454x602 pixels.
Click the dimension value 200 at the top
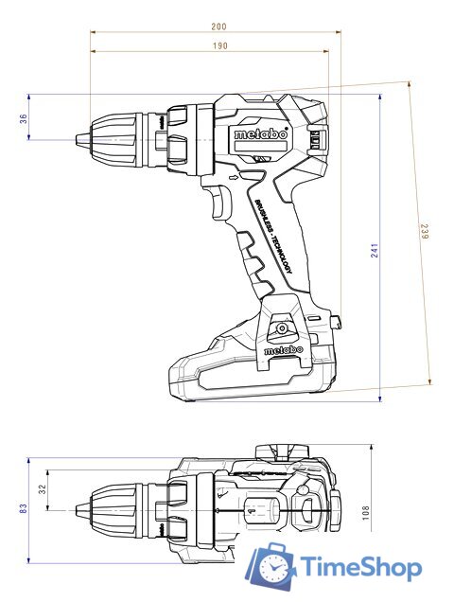point(219,27)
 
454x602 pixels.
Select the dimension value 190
point(219,45)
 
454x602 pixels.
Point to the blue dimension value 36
point(24,117)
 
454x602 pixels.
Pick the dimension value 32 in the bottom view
point(41,490)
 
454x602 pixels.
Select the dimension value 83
point(24,508)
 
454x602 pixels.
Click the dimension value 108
point(364,511)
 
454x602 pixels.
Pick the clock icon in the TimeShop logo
point(273,569)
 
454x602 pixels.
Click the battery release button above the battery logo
point(280,328)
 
